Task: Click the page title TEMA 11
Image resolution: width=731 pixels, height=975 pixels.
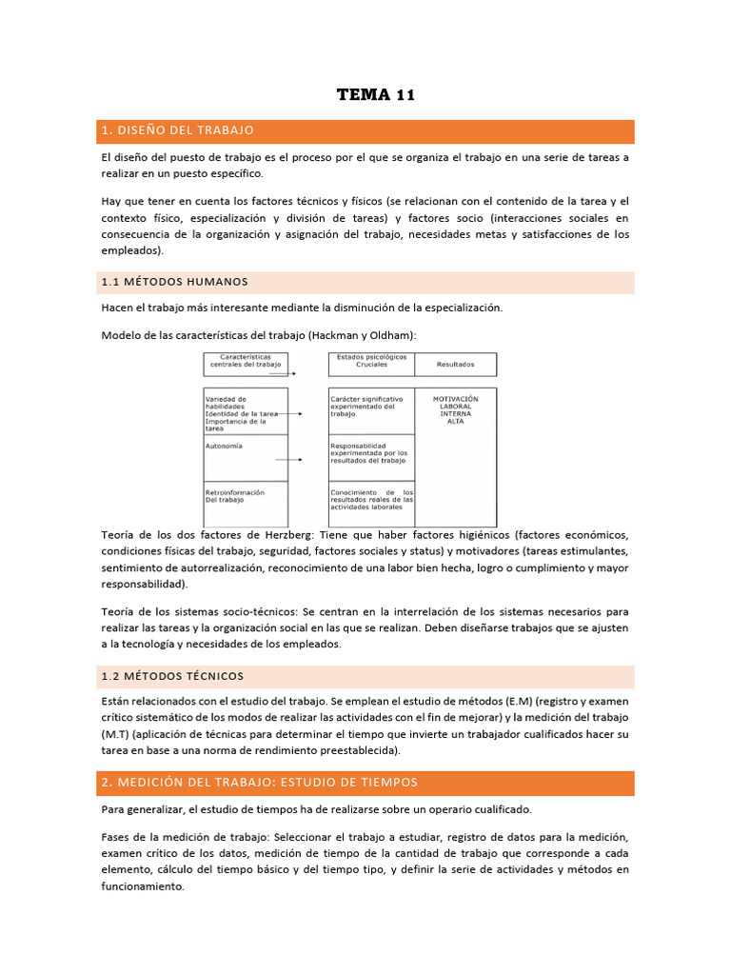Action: [376, 94]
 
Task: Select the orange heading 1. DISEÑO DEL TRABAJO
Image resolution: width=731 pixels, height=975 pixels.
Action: [178, 129]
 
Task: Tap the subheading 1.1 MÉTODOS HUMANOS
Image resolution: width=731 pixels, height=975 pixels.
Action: [175, 282]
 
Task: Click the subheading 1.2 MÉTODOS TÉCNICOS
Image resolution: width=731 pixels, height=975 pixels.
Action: [172, 676]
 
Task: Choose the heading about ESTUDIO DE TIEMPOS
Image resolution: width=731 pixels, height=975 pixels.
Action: [259, 782]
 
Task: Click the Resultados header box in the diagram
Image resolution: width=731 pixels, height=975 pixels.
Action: [455, 364]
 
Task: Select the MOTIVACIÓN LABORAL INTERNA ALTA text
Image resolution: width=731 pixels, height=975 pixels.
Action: [455, 410]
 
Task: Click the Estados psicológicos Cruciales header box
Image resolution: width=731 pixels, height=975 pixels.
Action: [370, 363]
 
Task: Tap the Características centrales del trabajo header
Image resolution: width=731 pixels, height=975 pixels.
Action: [246, 361]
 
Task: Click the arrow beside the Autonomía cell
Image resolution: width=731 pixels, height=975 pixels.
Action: [289, 459]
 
